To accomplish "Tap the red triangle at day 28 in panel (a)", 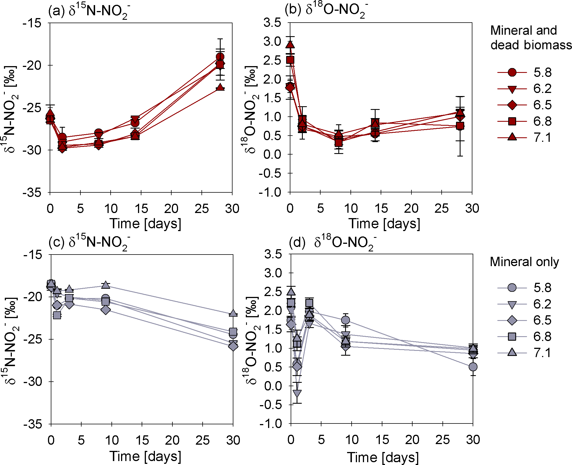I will pos(220,87).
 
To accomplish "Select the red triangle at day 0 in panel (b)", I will pos(290,45).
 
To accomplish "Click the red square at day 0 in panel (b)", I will pos(290,60).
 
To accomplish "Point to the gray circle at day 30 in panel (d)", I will pos(473,367).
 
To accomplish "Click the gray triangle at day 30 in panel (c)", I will pos(233,313).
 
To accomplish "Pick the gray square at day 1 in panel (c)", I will pos(57,315).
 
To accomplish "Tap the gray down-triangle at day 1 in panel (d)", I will pos(297,393).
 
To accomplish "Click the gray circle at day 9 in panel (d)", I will pos(345,320).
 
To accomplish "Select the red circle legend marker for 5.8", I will pos(512,73).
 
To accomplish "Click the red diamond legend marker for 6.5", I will pos(512,105).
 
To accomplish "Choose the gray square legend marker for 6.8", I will pos(512,336).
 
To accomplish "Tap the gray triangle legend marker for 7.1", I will pos(512,352).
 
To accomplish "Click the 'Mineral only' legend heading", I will pos(524,262).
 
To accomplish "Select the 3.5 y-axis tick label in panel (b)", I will pos(272,23).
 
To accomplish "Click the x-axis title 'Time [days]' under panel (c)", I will pos(145,456).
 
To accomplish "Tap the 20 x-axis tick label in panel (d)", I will pos(412,440).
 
